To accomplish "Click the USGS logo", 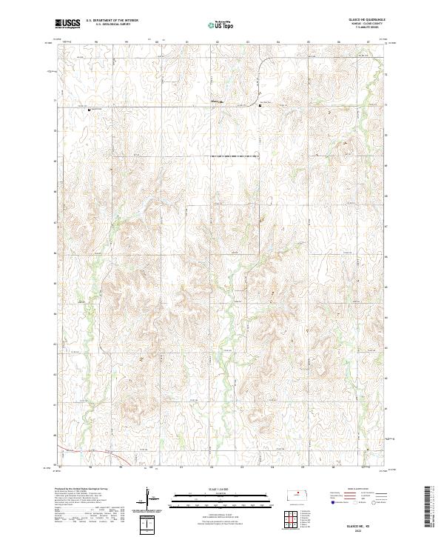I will tap(67, 24).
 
